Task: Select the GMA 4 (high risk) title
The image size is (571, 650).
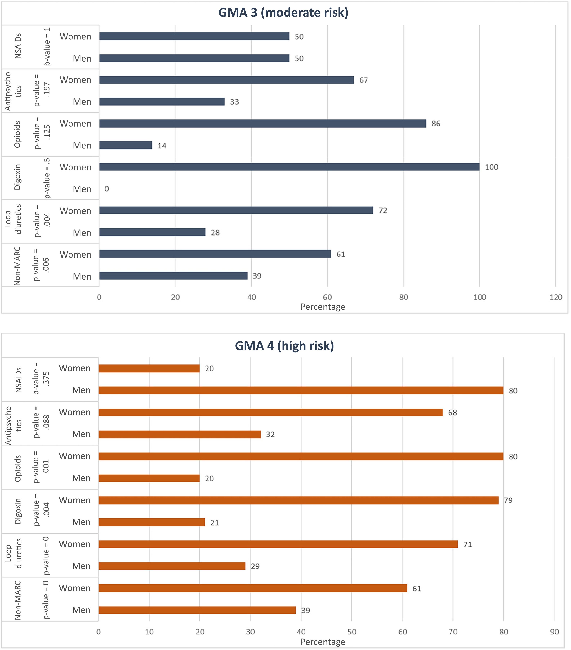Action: pos(284,346)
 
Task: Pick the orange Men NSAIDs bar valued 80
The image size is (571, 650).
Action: pos(301,390)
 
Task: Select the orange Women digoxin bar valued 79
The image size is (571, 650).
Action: pos(299,500)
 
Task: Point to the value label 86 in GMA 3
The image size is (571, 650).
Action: pos(436,124)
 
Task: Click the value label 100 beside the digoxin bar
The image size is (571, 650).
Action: pos(491,167)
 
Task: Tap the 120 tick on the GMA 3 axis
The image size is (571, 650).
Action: pos(556,297)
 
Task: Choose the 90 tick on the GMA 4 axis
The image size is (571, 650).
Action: pos(554,632)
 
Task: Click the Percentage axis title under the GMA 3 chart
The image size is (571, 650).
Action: pos(323,307)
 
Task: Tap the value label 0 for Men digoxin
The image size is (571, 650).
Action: pos(107,189)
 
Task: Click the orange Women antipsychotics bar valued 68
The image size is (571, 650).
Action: pos(271,412)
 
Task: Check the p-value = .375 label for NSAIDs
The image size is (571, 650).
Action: pos(41,378)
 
